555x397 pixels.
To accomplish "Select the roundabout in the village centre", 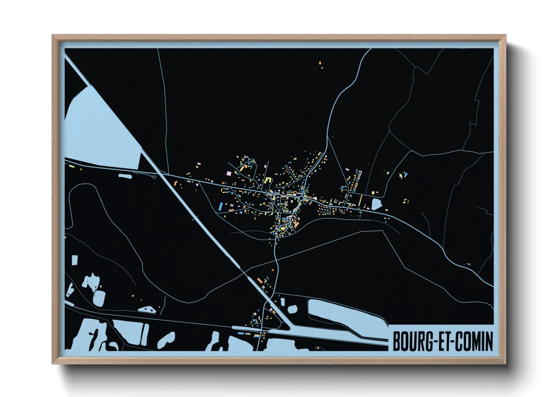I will coord(301,197).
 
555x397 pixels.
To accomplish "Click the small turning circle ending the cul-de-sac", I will coord(286,166).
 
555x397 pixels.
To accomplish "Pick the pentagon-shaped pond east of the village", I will coord(376,204).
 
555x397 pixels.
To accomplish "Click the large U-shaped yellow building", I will coord(268,180).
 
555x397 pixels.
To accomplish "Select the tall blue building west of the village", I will coord(220,206).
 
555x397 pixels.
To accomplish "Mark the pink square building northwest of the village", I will coord(229,173).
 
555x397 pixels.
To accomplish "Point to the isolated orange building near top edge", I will coord(320,63).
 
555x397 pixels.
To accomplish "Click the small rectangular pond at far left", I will coord(75,260).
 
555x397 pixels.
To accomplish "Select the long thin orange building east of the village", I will coord(361,199).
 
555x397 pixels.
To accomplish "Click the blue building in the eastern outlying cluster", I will coord(405,175).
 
